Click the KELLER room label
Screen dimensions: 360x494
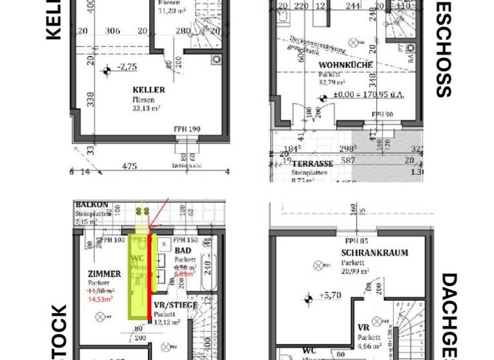click(149, 90)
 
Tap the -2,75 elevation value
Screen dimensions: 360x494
click(127, 67)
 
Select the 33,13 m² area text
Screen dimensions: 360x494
click(146, 109)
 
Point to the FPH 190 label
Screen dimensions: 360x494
click(187, 129)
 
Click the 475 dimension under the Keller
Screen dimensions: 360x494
click(129, 166)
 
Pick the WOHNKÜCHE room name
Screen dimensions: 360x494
click(345, 65)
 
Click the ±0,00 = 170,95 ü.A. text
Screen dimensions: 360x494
click(368, 95)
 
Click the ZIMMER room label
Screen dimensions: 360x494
click(104, 274)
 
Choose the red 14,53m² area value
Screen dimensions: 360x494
click(101, 299)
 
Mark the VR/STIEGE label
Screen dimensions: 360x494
click(176, 305)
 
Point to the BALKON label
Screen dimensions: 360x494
click(91, 204)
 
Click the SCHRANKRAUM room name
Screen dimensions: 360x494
click(374, 253)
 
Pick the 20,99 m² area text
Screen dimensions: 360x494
click(355, 271)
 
